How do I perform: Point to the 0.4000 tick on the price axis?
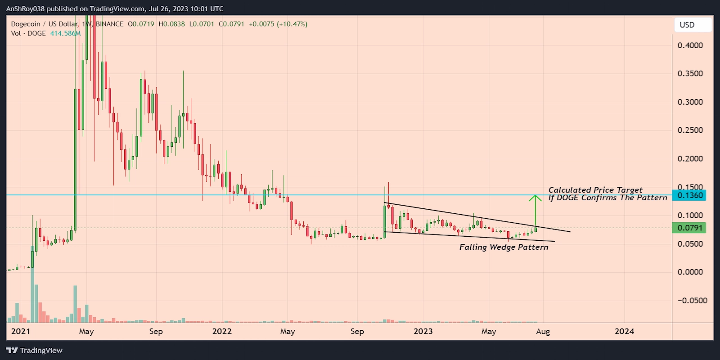pyautogui.click(x=690, y=45)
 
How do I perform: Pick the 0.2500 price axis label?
pyautogui.click(x=690, y=130)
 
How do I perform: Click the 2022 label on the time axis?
pyautogui.click(x=222, y=332)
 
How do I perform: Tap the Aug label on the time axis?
pyautogui.click(x=543, y=332)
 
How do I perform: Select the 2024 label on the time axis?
pyautogui.click(x=624, y=332)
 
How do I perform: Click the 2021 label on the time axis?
pyautogui.click(x=21, y=332)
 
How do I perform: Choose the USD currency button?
pyautogui.click(x=687, y=25)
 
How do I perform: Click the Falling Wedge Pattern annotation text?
pyautogui.click(x=504, y=247)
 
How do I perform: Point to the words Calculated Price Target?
pyautogui.click(x=595, y=190)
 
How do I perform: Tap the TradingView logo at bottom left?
pyautogui.click(x=35, y=351)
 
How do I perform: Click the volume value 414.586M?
pyautogui.click(x=65, y=33)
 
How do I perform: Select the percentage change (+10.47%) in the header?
pyautogui.click(x=292, y=24)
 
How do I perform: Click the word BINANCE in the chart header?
pyautogui.click(x=109, y=24)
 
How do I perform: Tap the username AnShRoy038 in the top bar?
pyautogui.click(x=25, y=9)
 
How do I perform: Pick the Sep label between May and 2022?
pyautogui.click(x=156, y=332)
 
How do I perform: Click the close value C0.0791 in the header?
pyautogui.click(x=231, y=24)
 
